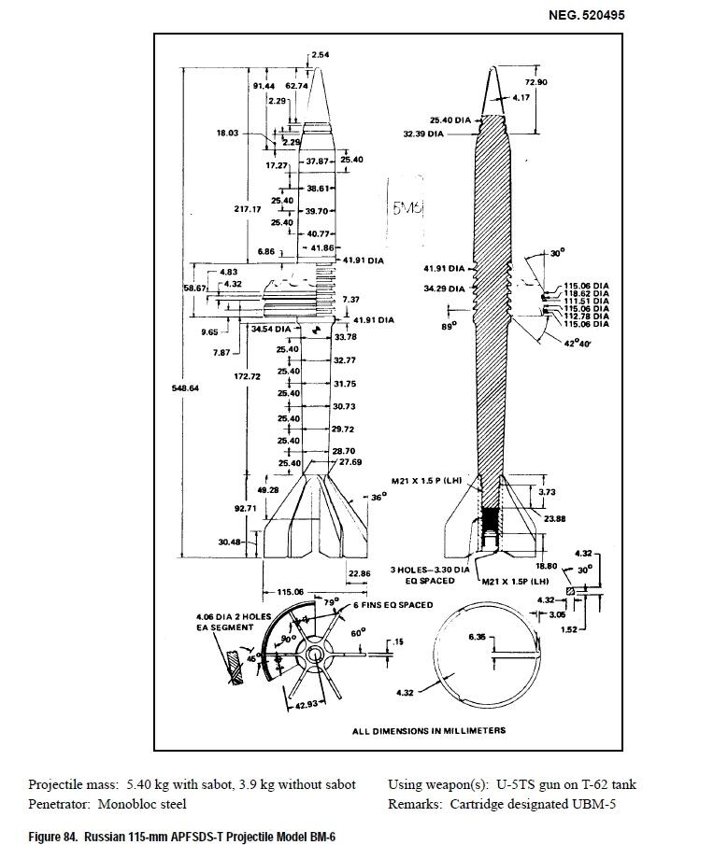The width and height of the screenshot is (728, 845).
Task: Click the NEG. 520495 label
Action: (x=586, y=15)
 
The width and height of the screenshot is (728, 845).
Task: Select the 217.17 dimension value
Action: (x=247, y=209)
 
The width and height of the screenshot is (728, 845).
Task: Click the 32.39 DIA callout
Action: (x=424, y=134)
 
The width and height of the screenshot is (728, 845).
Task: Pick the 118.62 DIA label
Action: (x=586, y=293)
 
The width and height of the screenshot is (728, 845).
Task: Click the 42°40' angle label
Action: (x=577, y=344)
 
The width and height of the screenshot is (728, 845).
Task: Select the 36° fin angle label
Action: (x=378, y=498)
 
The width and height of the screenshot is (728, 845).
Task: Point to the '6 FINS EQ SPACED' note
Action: (x=392, y=605)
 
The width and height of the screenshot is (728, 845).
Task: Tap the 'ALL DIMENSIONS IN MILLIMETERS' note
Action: (x=428, y=730)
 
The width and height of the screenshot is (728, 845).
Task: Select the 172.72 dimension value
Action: (x=247, y=376)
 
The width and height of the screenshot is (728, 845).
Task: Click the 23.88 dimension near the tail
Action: (x=554, y=518)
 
